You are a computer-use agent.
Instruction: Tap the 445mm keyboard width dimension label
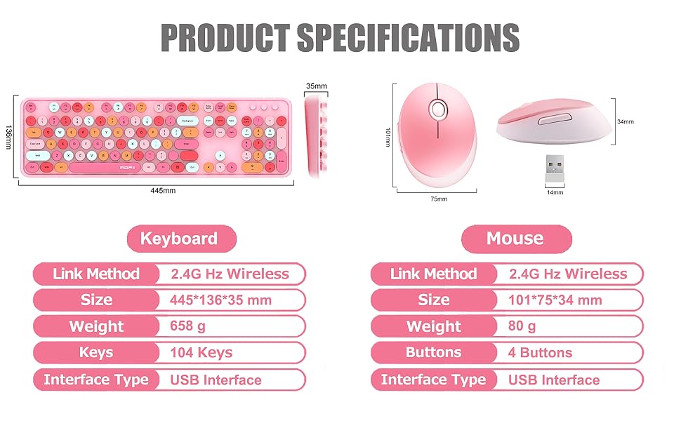[x=163, y=191]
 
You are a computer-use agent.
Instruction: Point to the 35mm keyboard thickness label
[x=317, y=86]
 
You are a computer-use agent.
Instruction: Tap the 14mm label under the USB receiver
[x=555, y=192]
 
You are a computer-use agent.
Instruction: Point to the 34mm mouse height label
[x=625, y=121]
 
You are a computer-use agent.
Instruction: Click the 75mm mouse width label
[x=439, y=199]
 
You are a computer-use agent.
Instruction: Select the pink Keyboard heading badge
[x=180, y=239]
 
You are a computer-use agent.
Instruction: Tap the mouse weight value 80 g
[x=522, y=326]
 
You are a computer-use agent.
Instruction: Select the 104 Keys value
[x=201, y=353]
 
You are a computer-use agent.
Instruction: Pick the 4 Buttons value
[x=540, y=353]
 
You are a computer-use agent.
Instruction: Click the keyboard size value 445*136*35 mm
[x=220, y=300]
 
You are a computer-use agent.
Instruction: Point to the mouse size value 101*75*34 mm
[x=555, y=300]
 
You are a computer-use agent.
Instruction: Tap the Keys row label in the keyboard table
[x=96, y=353]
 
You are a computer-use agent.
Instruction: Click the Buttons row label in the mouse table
[x=433, y=353]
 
